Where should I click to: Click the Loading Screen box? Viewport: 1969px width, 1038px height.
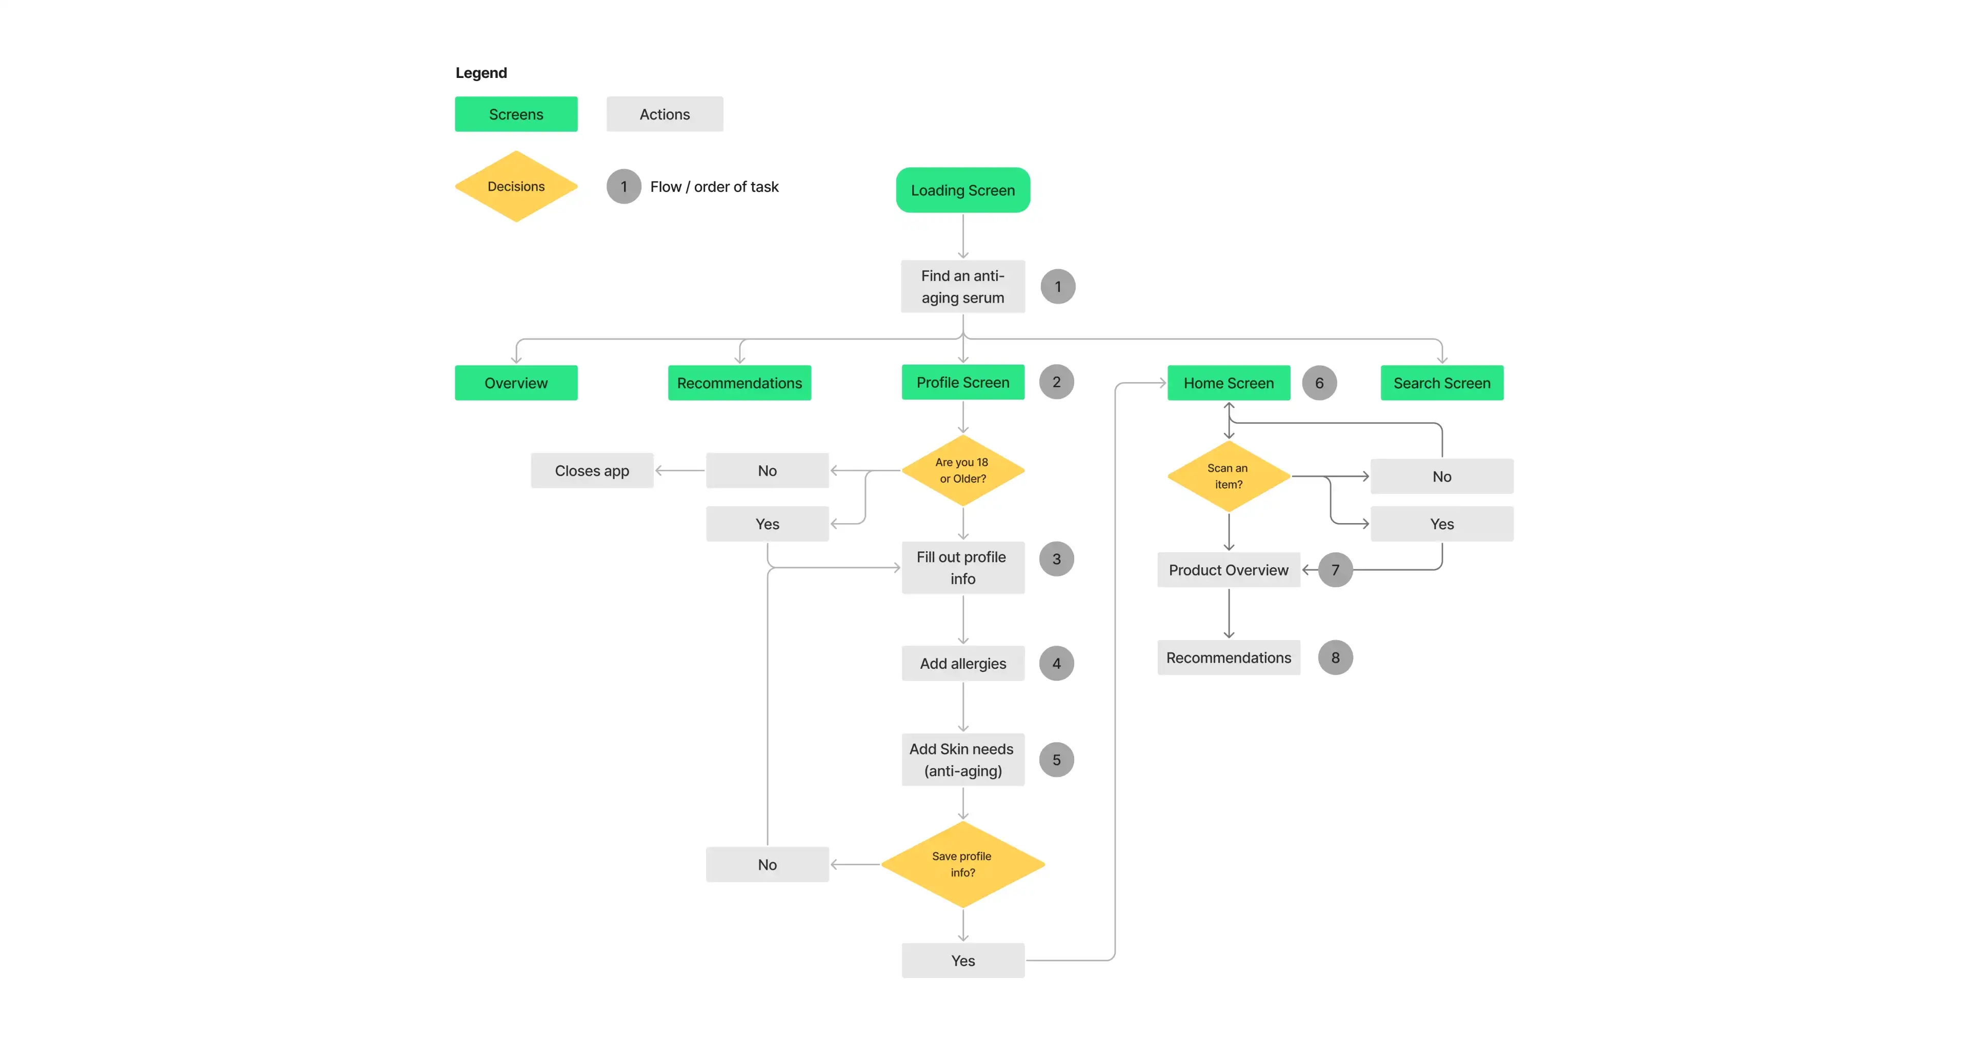click(962, 190)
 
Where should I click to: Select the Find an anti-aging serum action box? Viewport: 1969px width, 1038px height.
click(962, 287)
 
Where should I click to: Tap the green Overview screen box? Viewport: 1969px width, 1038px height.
click(516, 383)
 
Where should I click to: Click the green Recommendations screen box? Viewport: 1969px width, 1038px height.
click(739, 383)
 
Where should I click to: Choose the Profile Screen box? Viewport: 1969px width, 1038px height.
click(962, 382)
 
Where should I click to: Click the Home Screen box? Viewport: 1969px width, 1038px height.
click(1229, 383)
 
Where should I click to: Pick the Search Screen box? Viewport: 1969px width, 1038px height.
click(1441, 383)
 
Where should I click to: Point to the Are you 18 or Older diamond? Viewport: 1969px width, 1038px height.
click(962, 470)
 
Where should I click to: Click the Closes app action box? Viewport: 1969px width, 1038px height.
click(592, 471)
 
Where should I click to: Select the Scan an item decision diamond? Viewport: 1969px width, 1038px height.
click(1229, 476)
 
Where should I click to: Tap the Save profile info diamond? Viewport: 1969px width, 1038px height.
click(962, 865)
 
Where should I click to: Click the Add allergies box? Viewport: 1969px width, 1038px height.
click(962, 664)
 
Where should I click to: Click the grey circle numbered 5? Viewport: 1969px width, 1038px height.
click(1056, 760)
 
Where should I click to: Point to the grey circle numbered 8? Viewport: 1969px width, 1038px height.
click(1335, 657)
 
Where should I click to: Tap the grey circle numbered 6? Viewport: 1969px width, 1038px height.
click(1319, 383)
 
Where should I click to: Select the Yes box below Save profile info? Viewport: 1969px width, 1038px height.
click(962, 961)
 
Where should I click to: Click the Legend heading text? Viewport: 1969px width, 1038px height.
click(481, 73)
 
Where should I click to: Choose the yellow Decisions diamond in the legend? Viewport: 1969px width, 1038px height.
click(516, 187)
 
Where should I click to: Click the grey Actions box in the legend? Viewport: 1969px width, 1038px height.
click(664, 114)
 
